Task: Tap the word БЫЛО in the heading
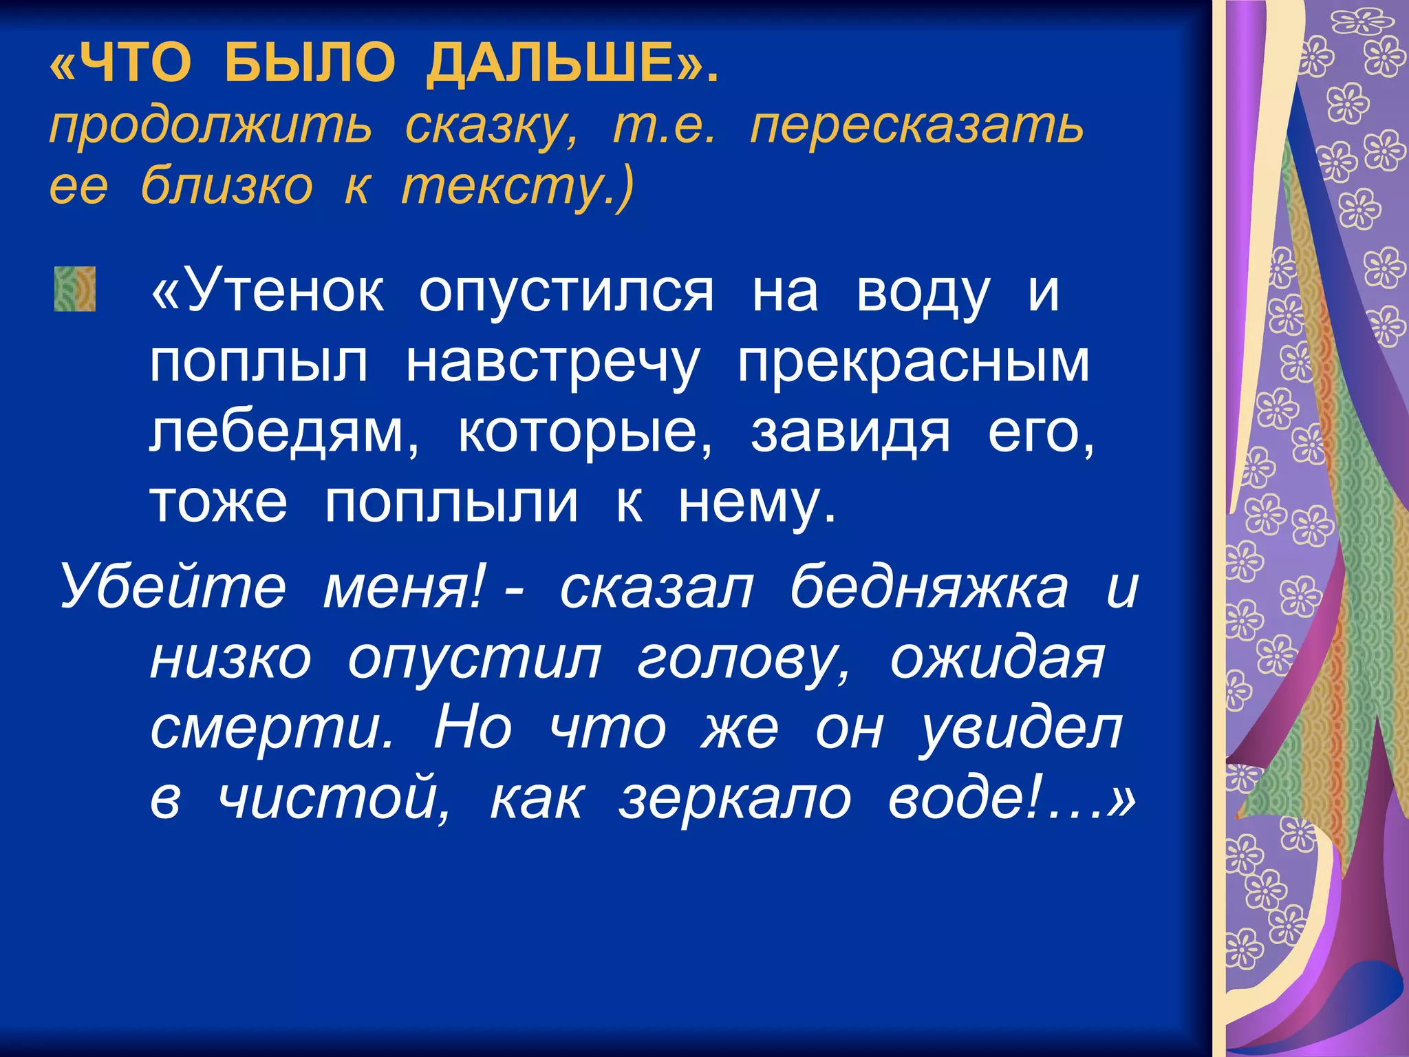point(310,63)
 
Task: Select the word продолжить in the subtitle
point(211,127)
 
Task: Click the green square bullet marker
point(74,289)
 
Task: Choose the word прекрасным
point(914,363)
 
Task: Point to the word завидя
point(850,434)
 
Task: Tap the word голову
point(743,659)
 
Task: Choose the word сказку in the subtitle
point(491,127)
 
